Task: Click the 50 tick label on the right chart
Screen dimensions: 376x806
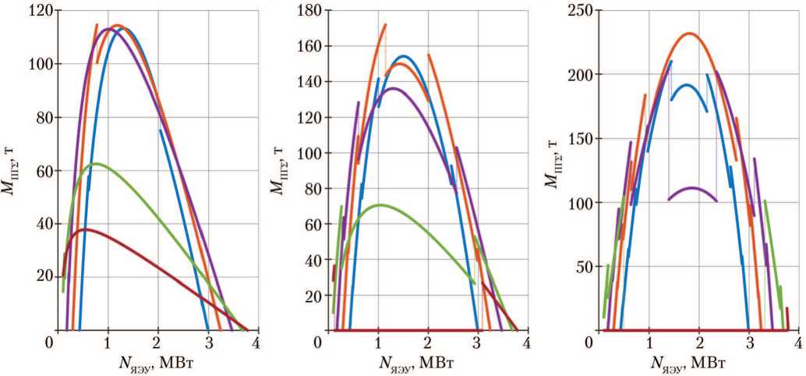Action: tap(585, 267)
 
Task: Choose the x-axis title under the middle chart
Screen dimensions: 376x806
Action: tap(422, 362)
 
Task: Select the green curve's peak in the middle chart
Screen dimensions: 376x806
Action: tap(380, 204)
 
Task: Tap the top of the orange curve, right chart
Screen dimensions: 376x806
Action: tap(689, 34)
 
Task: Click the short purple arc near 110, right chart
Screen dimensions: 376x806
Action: tap(692, 188)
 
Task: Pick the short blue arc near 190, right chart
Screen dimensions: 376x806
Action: tap(688, 85)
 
